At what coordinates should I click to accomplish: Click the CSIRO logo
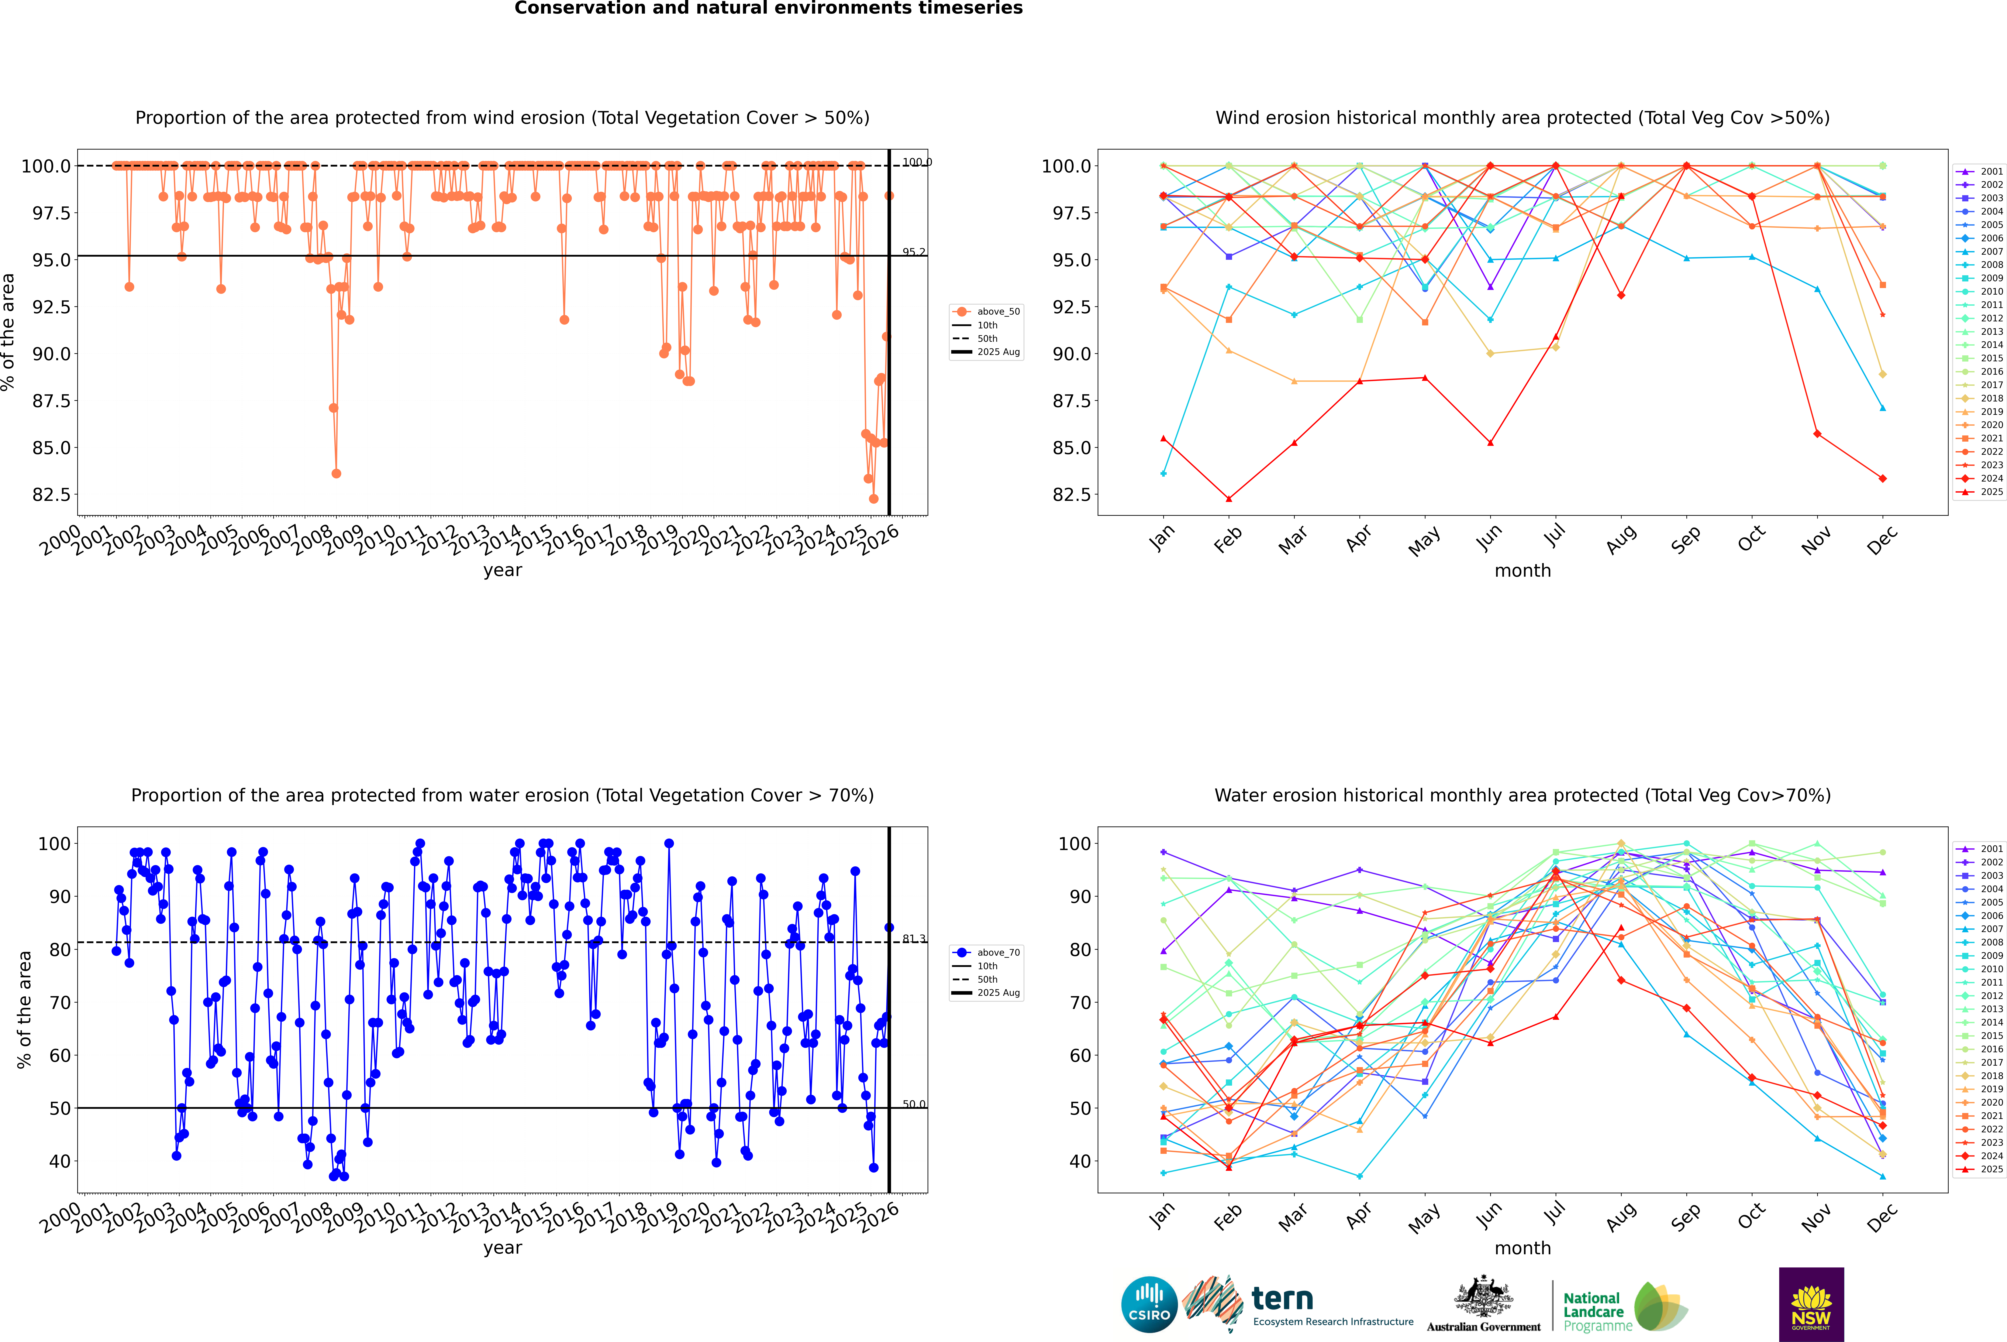(x=1149, y=1304)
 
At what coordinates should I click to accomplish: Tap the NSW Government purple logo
(x=1811, y=1304)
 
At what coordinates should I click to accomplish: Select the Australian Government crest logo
(x=1483, y=1304)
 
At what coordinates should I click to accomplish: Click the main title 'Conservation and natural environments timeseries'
(x=768, y=8)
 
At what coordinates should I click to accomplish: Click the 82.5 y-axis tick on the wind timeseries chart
(x=51, y=495)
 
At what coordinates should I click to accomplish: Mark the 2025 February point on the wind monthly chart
(x=1228, y=499)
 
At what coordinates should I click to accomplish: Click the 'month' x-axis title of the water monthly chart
(x=1522, y=1248)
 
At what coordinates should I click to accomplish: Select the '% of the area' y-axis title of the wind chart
(x=8, y=332)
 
